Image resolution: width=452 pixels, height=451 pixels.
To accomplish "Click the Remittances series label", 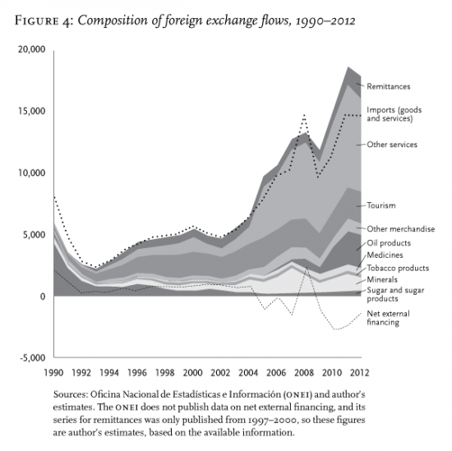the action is (x=388, y=86).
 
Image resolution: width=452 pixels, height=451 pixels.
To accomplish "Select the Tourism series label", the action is (x=381, y=205).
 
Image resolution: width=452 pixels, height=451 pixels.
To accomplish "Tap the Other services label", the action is (x=392, y=145).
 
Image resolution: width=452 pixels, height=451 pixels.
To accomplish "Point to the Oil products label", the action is (x=389, y=243).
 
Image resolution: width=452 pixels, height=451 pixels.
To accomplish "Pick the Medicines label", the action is (x=385, y=255).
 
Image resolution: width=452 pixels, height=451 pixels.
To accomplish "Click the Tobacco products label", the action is (x=398, y=268).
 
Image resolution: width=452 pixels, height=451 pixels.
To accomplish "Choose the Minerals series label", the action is (x=382, y=279).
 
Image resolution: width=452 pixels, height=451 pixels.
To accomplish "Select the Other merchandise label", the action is (x=401, y=229).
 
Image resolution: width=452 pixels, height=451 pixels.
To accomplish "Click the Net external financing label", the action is (x=388, y=318).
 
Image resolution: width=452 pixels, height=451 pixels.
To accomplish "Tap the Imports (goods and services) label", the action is (x=394, y=114).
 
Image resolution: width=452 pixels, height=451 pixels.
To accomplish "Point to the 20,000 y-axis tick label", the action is (x=32, y=49).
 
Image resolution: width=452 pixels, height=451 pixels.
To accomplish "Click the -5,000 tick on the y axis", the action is (x=33, y=357).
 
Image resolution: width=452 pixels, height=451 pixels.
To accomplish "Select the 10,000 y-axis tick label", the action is (x=32, y=173).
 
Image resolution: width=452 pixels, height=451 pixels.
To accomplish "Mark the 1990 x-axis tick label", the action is (x=53, y=373).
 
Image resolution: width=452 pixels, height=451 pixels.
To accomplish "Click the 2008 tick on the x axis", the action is (x=304, y=373).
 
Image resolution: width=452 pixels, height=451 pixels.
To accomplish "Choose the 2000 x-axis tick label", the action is (x=192, y=373).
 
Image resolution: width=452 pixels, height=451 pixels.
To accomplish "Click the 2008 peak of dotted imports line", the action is (x=304, y=115).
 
